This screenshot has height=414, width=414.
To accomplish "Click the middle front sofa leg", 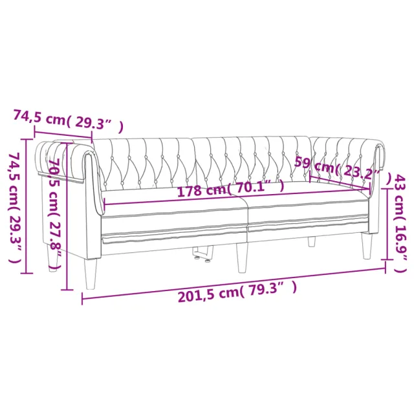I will pos(242,257).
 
